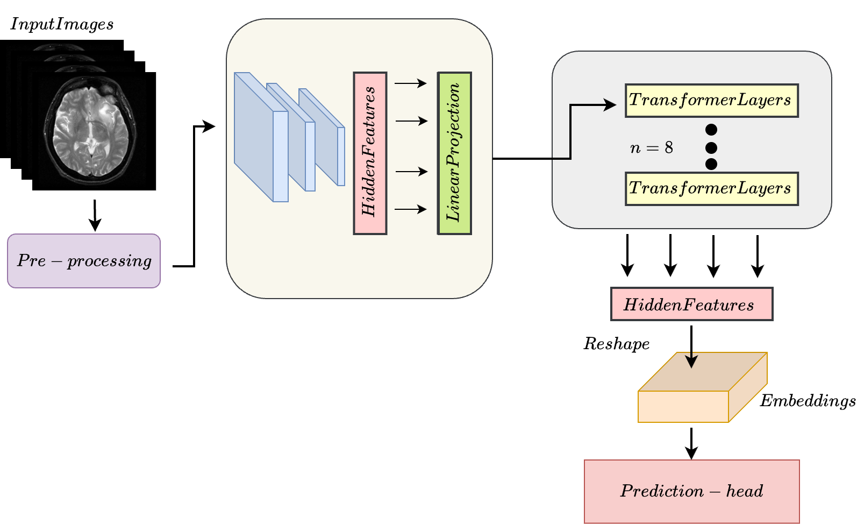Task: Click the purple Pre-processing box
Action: point(84,261)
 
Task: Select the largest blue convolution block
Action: point(261,137)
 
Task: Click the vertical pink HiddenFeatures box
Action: point(370,153)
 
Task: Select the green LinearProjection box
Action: point(454,153)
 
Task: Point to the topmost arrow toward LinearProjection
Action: point(411,83)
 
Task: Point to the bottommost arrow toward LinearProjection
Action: point(411,209)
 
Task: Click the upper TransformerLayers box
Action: point(711,101)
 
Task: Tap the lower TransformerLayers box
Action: point(711,189)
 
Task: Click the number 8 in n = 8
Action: point(668,148)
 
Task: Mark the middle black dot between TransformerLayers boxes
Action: point(711,147)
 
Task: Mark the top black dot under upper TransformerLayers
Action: point(711,130)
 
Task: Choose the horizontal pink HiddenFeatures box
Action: point(691,305)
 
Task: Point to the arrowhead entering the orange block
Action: point(691,362)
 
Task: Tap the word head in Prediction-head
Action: point(745,491)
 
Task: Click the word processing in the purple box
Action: point(109,261)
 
